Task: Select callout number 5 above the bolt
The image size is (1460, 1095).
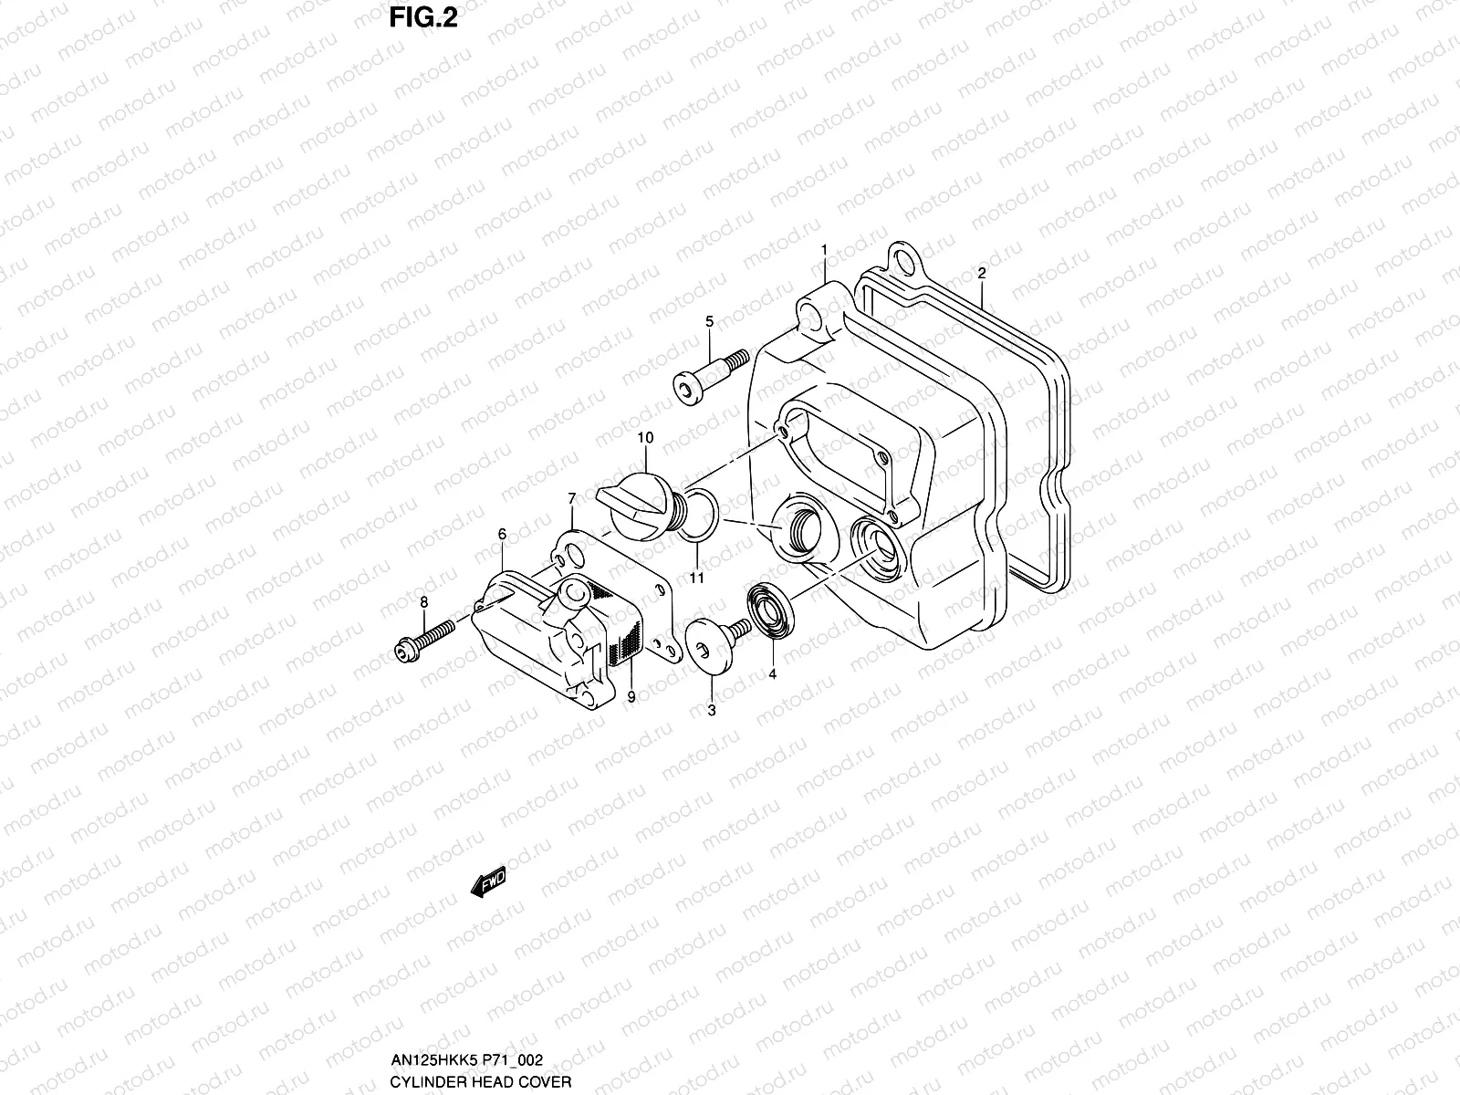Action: (x=709, y=320)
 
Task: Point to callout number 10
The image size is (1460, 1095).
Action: (x=646, y=438)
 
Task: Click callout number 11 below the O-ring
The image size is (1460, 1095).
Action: (x=697, y=577)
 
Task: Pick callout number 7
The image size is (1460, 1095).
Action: (x=571, y=498)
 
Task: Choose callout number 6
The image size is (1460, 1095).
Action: (x=501, y=533)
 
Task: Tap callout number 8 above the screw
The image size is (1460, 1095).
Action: (x=423, y=601)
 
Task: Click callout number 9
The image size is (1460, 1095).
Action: (x=631, y=696)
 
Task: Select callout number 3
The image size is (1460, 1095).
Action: (x=712, y=710)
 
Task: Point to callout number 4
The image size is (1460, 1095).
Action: (x=772, y=674)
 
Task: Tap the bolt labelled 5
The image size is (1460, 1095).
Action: (x=711, y=371)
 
